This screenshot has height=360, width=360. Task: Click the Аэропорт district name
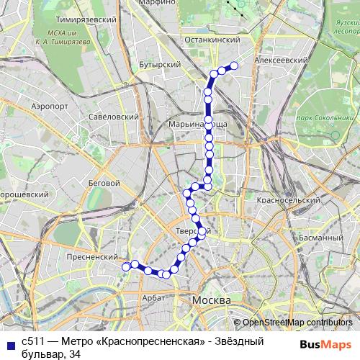point(50,104)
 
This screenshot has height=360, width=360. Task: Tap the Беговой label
point(103,183)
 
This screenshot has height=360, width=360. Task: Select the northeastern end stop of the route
point(233,68)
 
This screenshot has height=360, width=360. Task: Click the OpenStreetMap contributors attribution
point(297,323)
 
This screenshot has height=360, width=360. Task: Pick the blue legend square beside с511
point(9,342)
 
